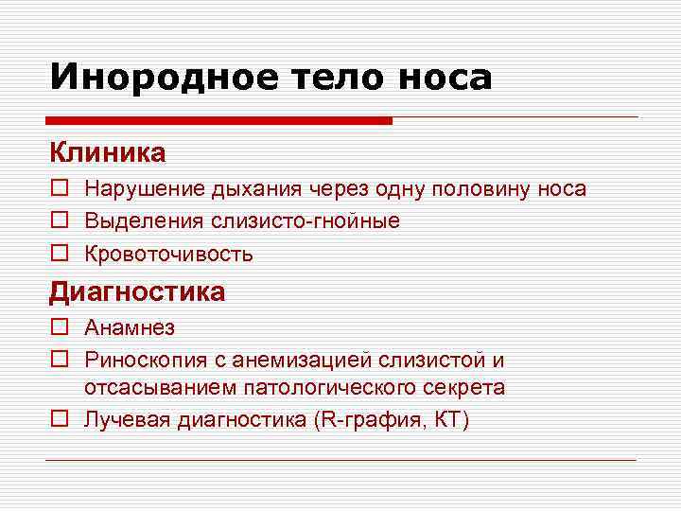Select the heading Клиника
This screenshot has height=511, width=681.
pyautogui.click(x=108, y=151)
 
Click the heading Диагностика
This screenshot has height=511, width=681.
pyautogui.click(x=137, y=291)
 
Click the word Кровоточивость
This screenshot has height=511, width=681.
pyautogui.click(x=168, y=254)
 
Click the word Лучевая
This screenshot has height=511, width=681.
pyautogui.click(x=126, y=419)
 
